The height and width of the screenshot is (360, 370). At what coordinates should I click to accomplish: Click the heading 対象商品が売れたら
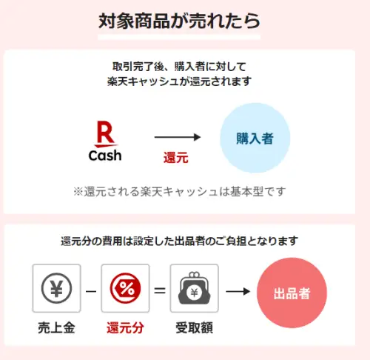(179, 21)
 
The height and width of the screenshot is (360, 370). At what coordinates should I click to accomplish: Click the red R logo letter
(106, 134)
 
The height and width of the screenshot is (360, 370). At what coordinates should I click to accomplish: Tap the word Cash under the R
(105, 156)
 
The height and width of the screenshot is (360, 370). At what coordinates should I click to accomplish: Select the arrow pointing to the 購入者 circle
(178, 137)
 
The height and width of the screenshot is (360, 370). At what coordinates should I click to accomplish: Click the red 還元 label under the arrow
(176, 158)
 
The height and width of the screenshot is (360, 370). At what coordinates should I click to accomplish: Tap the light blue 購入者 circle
(255, 138)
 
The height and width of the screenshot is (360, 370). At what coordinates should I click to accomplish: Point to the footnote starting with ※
(179, 192)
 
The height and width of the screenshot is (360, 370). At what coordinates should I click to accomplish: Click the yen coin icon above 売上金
(56, 288)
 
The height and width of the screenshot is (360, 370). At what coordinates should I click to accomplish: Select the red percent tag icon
(125, 288)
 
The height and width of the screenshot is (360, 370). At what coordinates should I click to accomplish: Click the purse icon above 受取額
(194, 288)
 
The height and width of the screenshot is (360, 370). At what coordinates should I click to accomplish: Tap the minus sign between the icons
(91, 292)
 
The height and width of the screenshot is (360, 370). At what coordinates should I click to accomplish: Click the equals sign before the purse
(160, 290)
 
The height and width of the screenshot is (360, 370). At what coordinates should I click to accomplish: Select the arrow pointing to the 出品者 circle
(238, 292)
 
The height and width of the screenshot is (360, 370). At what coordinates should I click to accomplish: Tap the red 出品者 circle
(292, 293)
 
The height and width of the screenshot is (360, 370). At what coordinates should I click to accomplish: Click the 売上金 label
(56, 328)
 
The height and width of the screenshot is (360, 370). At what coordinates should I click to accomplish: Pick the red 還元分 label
(125, 328)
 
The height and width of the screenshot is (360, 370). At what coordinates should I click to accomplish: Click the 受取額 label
(194, 328)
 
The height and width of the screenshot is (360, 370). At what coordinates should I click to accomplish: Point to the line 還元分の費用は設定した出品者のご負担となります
(179, 241)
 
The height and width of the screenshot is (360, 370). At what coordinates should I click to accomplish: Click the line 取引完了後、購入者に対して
(179, 67)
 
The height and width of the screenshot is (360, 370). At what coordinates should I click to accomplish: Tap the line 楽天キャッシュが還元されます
(179, 81)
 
